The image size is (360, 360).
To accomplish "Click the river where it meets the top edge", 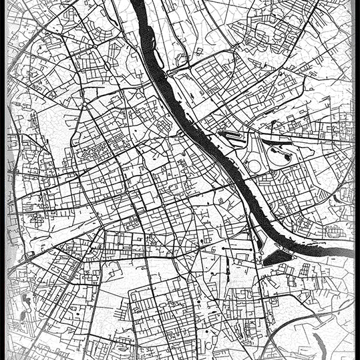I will tap(137, 3).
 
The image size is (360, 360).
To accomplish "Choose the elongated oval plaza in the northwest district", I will tap(107, 67).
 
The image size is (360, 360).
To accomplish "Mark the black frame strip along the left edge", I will tap(3, 180).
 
